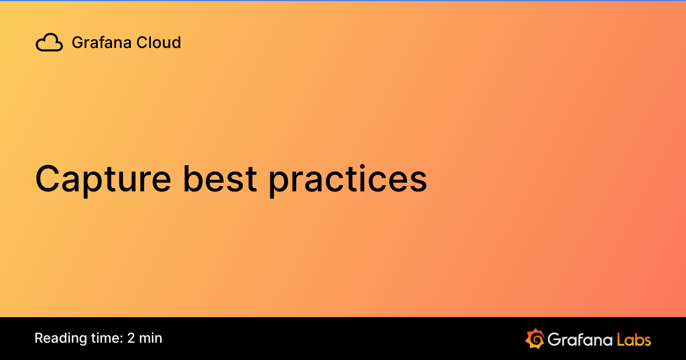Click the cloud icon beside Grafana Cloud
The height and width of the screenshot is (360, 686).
49,43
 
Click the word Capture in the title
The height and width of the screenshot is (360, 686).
103,179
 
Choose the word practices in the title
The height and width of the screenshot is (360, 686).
348,179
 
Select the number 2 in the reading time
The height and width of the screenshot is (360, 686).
131,338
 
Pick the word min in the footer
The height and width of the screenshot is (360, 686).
151,338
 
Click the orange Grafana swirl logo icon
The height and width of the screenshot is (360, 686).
535,338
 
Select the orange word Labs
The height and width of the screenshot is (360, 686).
634,339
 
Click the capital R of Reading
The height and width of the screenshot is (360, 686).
38,338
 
